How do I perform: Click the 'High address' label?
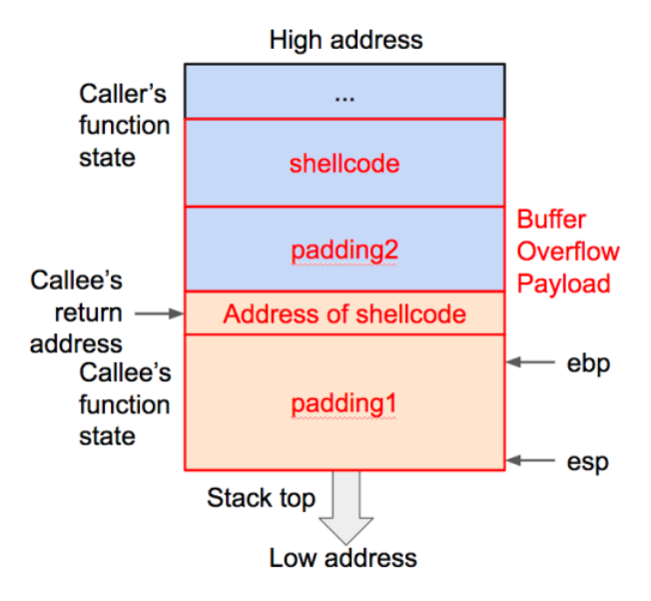tap(345, 41)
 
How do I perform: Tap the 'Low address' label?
tap(342, 557)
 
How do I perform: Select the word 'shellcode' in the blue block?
tap(344, 163)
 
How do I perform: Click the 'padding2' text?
tap(344, 251)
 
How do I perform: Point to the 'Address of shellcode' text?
tap(344, 314)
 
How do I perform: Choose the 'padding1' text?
tap(344, 403)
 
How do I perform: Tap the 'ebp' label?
tap(587, 363)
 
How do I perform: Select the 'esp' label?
tap(587, 462)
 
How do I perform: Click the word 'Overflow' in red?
tap(568, 251)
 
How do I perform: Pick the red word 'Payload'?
tap(563, 283)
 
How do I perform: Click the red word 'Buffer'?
tap(551, 219)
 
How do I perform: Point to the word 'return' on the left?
tap(88, 312)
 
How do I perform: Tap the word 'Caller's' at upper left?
tap(125, 94)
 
